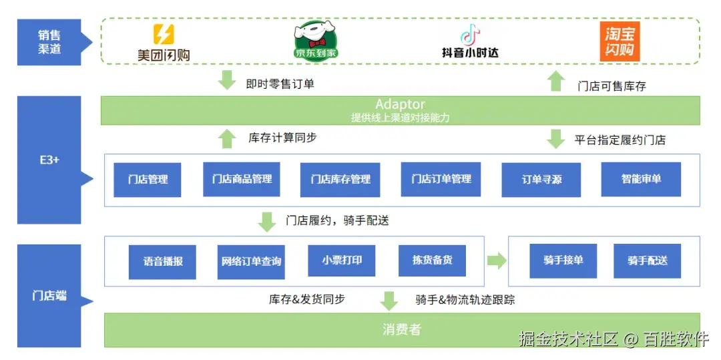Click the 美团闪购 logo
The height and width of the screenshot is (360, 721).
pos(164,42)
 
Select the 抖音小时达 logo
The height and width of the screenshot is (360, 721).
pos(470,41)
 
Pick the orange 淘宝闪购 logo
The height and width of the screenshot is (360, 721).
pos(620,41)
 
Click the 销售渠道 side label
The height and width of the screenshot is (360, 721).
pos(49,42)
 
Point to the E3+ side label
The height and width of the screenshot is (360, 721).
pos(49,160)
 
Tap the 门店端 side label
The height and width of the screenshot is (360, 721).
pos(49,295)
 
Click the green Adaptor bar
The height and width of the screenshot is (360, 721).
pos(400,110)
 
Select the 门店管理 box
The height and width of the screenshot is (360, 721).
pos(148,179)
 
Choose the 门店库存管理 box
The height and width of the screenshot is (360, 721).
pos(340,179)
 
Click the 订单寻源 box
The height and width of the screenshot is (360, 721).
pos(541,179)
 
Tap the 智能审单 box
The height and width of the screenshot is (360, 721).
pos(641,179)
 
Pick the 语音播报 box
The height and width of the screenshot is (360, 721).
pos(162,261)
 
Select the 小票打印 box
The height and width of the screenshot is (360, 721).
pos(342,260)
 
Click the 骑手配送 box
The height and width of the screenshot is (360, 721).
pos(647,260)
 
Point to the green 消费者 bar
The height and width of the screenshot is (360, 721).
pos(401,329)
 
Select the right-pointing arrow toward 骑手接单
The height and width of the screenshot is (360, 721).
pos(497,260)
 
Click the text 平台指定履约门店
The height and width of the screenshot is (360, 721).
pos(620,140)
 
